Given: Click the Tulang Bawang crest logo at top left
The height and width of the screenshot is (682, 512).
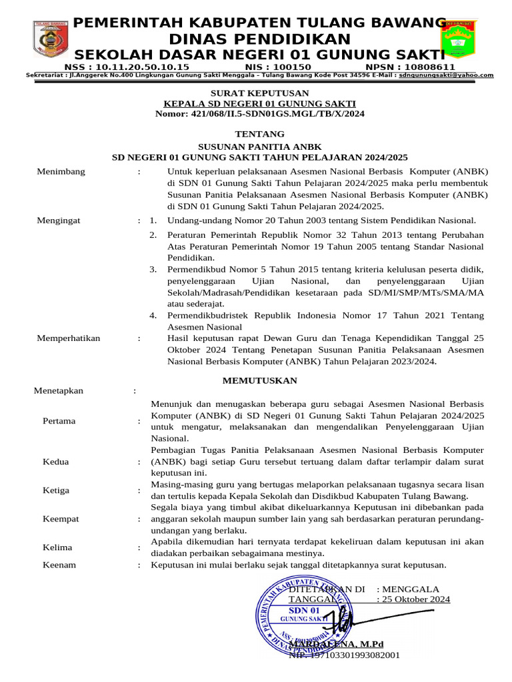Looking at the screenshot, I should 51,39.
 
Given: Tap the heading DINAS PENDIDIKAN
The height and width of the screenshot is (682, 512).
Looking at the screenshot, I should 259,39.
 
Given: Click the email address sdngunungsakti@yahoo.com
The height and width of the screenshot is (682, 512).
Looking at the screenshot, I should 451,75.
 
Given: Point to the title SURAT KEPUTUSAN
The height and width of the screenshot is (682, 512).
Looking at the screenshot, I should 259,93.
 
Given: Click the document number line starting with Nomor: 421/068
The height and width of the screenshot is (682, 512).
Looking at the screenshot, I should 259,114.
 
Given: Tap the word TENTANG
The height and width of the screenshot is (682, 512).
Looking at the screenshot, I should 259,134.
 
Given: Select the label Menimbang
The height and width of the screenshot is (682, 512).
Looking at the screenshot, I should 61,171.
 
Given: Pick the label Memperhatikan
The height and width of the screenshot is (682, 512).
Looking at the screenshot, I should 68,338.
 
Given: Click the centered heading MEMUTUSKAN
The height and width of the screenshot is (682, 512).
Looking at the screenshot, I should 259,380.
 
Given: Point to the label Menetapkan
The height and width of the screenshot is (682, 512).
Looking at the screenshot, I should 59,390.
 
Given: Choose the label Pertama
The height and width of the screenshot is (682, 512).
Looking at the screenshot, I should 59,420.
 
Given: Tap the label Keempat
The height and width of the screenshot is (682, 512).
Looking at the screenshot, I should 61,518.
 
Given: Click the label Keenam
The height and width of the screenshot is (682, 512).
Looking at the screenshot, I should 59,565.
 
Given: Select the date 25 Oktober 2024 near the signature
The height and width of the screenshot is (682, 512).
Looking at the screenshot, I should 415,599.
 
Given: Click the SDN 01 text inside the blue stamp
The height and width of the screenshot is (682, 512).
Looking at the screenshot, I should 304,611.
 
